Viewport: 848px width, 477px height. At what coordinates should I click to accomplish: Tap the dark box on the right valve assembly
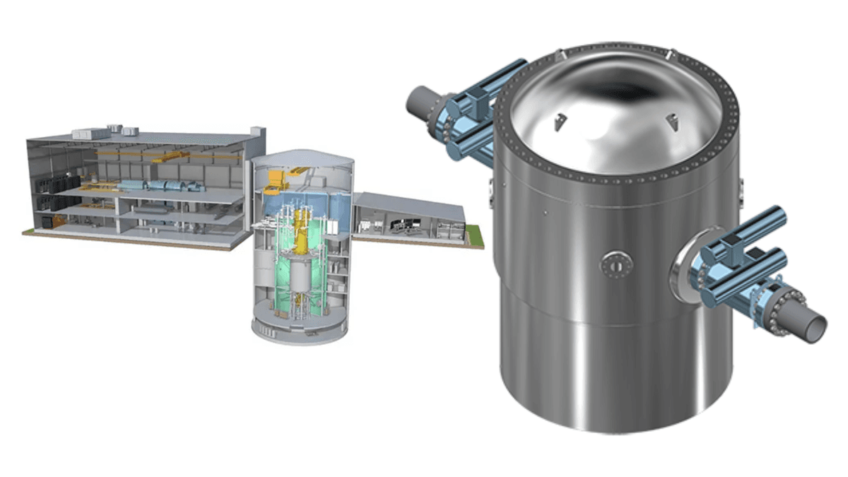[x=729, y=248]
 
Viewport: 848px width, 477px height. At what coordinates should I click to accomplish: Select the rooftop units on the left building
[x=106, y=131]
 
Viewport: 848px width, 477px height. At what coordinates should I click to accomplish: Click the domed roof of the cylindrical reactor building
[x=302, y=158]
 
